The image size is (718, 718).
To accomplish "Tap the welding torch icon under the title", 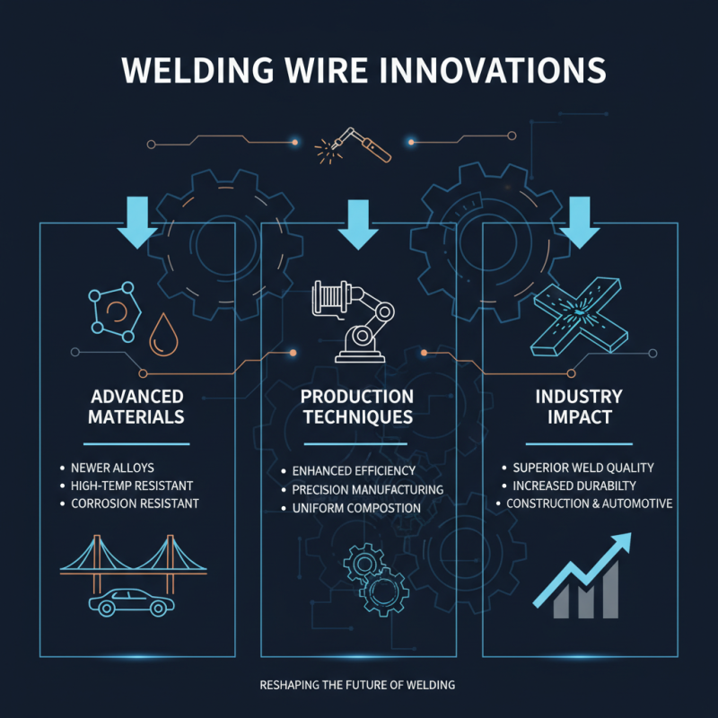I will coord(358,145).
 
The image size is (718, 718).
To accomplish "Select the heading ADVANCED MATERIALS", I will coord(136,406).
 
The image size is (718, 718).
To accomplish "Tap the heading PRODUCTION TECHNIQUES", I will coord(357,406).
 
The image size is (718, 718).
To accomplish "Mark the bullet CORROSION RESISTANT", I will coord(135,503).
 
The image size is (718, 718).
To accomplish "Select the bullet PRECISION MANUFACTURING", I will coord(367,489).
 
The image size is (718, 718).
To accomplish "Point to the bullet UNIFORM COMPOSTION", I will coord(356,508).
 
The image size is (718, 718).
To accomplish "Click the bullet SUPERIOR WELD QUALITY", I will coord(582,468).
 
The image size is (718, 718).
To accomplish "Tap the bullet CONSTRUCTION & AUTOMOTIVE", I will coord(589,503).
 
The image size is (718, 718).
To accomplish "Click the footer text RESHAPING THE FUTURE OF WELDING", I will coord(357,685).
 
